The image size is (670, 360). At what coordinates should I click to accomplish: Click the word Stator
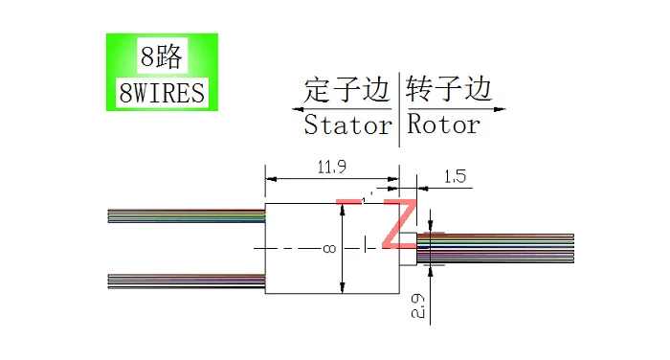[347, 124]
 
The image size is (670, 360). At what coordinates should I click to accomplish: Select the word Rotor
[443, 124]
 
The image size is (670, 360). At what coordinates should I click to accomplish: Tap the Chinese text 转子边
[448, 91]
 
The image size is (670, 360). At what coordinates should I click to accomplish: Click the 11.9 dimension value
[331, 167]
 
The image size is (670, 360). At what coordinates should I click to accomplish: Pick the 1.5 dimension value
[455, 176]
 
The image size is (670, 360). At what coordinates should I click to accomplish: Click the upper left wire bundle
[187, 215]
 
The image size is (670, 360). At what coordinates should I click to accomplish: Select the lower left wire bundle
[187, 280]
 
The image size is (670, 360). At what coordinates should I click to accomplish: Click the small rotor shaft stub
[408, 248]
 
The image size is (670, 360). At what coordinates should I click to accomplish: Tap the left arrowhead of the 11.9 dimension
[270, 178]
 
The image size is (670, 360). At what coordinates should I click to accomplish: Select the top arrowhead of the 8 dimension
[343, 208]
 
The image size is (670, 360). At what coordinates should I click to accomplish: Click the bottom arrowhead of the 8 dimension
[343, 289]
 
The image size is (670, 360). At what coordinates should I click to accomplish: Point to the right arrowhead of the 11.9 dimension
[393, 178]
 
